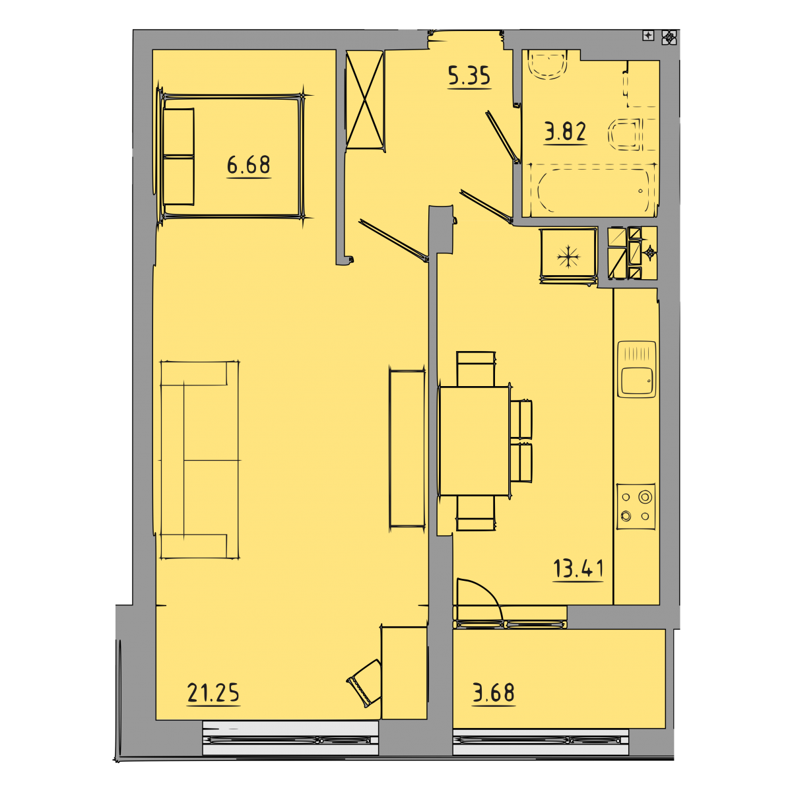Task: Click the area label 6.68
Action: point(248,165)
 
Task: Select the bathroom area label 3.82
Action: point(565,132)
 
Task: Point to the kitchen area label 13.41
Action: point(578,568)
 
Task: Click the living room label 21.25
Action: point(213,692)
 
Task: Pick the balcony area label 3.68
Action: point(493,692)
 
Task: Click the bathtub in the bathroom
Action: point(593,190)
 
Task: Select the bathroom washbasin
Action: point(548,65)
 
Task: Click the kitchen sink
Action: point(636,369)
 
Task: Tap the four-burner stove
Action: point(636,506)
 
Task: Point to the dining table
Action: point(475,441)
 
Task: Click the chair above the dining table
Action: point(475,369)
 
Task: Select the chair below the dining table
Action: point(475,513)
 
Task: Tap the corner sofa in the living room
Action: point(200,460)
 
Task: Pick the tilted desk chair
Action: point(364,683)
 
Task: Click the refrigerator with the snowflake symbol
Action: point(568,255)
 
